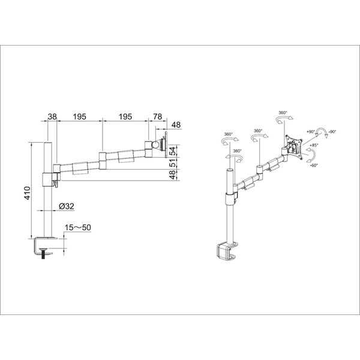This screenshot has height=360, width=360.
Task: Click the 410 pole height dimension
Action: coord(28,193)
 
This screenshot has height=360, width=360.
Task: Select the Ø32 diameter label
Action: coord(67,206)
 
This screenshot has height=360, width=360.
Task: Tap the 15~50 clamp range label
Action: coord(78,227)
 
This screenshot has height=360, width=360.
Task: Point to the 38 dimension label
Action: coord(52,116)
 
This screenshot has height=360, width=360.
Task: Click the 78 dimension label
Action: coord(157,116)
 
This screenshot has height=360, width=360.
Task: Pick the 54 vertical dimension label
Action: coord(173,151)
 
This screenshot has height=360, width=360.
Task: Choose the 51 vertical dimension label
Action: coord(173,163)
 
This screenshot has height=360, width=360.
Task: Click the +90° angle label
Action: coord(310,132)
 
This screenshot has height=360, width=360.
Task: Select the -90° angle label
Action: coord(332,132)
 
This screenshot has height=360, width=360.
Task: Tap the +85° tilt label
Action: coord(314,145)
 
